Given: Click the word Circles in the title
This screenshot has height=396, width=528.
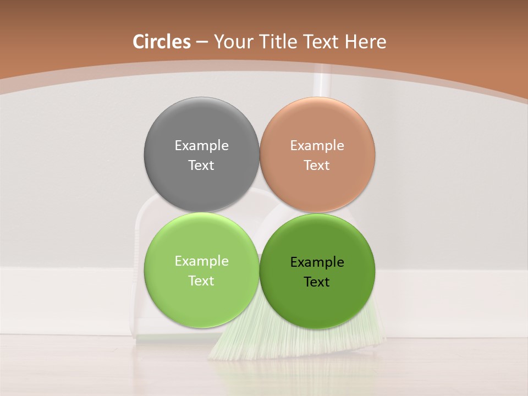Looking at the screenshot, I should click(x=162, y=42).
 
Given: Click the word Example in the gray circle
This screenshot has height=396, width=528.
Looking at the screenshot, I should click(x=201, y=146).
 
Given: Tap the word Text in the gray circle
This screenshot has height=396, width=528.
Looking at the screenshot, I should click(x=201, y=166).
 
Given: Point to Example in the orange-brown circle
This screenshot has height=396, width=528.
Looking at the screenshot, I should click(x=317, y=146).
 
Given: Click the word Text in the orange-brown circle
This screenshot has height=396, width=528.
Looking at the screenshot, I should click(x=317, y=166).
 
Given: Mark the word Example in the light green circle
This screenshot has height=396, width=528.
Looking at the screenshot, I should click(x=201, y=261).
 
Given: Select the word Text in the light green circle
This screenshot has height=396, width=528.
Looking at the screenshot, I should click(x=201, y=281).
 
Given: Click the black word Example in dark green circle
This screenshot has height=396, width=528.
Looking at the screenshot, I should click(x=317, y=262).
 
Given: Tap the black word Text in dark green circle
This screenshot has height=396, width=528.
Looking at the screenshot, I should click(x=317, y=282).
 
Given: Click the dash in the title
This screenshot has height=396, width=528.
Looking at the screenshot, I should click(x=201, y=42).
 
